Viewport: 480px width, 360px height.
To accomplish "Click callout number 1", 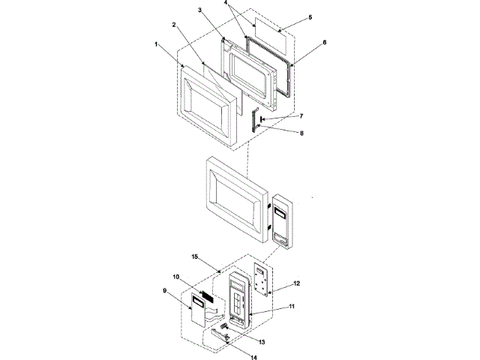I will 156,44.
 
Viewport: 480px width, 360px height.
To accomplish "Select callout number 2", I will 174,25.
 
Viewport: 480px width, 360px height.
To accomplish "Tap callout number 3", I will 200,10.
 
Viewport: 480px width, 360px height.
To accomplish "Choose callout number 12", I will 297,283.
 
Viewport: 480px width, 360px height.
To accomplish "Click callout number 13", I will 262,342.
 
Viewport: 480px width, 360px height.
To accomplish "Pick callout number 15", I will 194,257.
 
